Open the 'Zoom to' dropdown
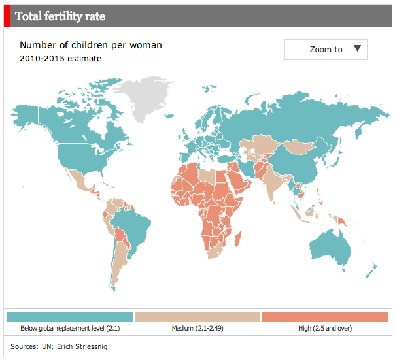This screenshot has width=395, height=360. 326,50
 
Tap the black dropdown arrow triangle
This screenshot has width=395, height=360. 357,48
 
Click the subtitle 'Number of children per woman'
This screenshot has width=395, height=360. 90,45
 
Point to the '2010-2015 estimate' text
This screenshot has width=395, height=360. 60,59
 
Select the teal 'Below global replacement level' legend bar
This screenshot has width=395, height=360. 70,317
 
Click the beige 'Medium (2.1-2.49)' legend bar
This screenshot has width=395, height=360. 197,317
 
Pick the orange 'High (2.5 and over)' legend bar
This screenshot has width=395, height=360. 324,317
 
